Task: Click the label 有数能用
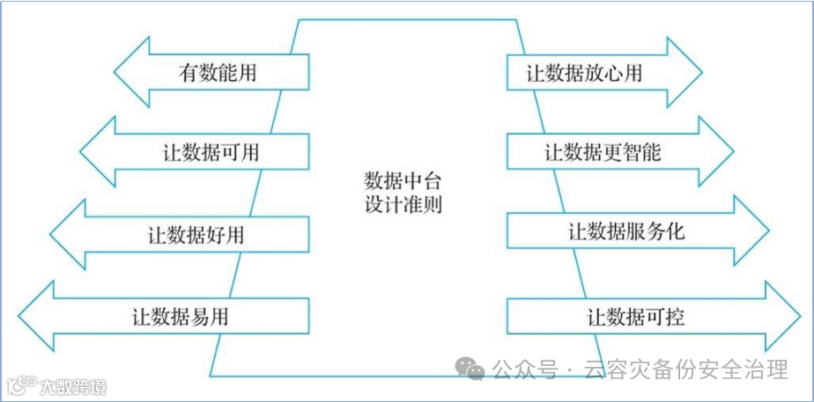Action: [217, 72]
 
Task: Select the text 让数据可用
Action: [211, 151]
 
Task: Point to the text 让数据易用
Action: [180, 316]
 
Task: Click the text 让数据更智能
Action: [603, 151]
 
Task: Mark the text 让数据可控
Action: [636, 316]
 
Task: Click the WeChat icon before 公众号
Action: [474, 371]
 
